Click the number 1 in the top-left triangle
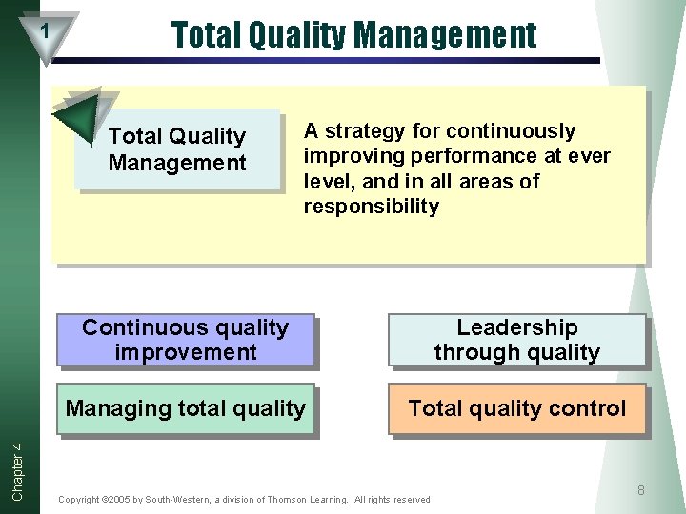[x=44, y=31]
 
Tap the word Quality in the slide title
[x=297, y=35]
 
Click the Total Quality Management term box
[x=179, y=149]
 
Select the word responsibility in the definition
[x=371, y=207]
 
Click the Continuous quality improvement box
[x=185, y=340]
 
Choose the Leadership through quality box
[x=516, y=340]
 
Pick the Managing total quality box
[x=185, y=409]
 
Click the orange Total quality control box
[x=516, y=409]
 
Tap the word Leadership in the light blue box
[x=516, y=327]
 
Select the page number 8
[x=641, y=490]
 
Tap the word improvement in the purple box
[x=185, y=352]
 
